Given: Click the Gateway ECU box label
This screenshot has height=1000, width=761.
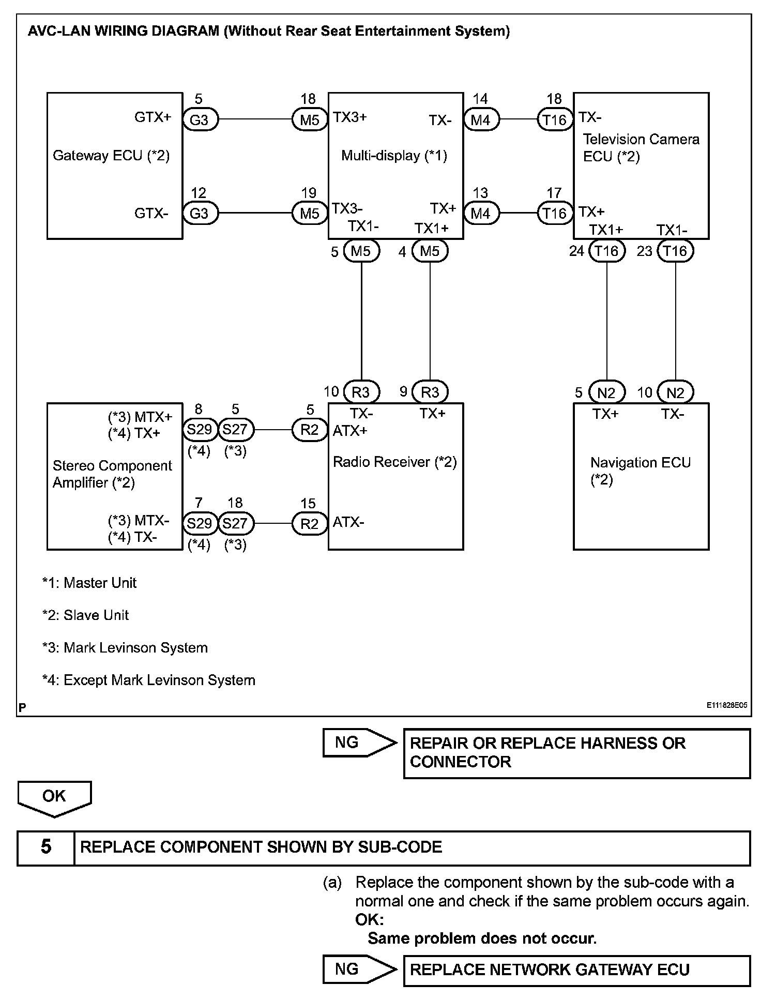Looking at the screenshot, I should coord(111,156).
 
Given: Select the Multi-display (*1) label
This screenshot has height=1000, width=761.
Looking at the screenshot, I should coord(394,156).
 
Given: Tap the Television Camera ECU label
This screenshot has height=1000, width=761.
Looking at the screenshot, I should coord(641,148).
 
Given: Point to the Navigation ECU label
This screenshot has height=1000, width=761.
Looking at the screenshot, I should coord(640,471).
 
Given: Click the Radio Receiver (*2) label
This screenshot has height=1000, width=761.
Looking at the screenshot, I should coord(394,462).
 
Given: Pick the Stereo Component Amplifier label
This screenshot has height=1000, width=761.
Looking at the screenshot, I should coord(112,474).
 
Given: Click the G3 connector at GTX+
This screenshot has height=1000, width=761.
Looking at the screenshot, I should coord(200,120).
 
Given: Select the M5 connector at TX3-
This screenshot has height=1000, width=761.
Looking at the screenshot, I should coord(310,214).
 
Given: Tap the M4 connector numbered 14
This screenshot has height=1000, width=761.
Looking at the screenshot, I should coord(481,120).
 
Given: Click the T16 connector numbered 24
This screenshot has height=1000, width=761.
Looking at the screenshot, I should coord(606,251).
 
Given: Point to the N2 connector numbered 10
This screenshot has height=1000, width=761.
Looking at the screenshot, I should coord(675,393).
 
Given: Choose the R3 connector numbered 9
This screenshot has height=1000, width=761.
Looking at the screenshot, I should coord(430,392).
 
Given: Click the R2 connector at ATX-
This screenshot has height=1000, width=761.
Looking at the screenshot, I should coord(310,524).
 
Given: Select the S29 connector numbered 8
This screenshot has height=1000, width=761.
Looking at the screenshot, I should coord(200,430).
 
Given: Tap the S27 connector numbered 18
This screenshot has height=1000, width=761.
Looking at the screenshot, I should coord(236,523).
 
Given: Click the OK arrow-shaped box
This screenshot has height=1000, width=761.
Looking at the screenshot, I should coord(54,797).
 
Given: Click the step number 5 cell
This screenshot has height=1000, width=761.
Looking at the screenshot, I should coord(46,847).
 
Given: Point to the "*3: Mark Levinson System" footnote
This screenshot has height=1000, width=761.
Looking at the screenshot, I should coord(125,648).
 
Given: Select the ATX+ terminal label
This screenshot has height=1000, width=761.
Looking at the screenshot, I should coord(349,431).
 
